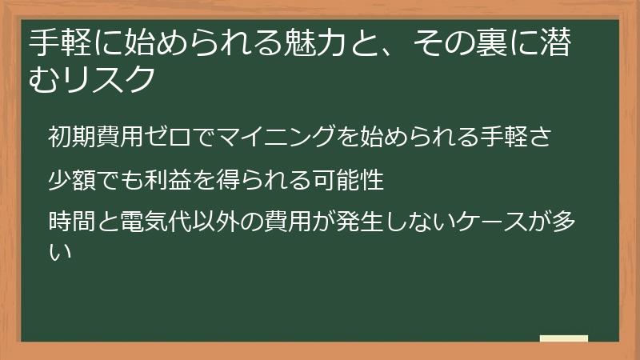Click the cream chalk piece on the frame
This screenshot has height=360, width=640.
pos(564,339)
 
